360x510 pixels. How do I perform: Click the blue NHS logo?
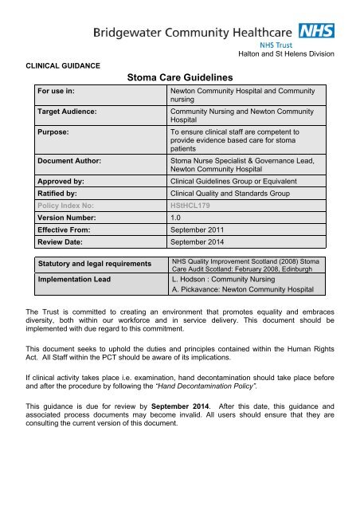click(x=316, y=32)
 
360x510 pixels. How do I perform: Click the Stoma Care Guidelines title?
click(x=179, y=78)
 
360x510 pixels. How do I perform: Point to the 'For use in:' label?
click(x=51, y=92)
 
